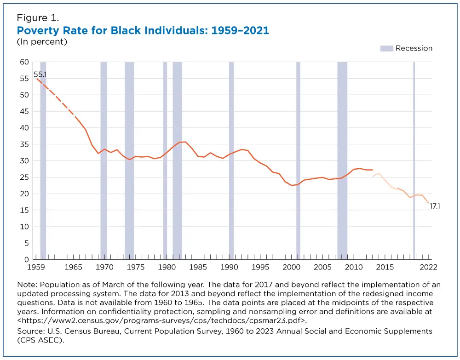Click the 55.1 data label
pyautogui.click(x=41, y=74)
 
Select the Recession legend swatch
pyautogui.click(x=386, y=48)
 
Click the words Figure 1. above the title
pyautogui.click(x=38, y=18)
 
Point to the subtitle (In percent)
pyautogui.click(x=42, y=42)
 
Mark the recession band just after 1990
pyautogui.click(x=231, y=161)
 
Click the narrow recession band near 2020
pyautogui.click(x=414, y=161)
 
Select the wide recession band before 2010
pyautogui.click(x=342, y=161)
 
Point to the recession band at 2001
pyautogui.click(x=298, y=161)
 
